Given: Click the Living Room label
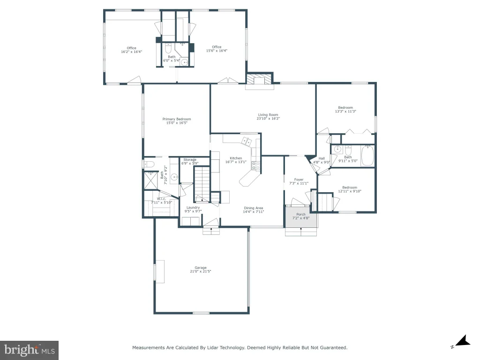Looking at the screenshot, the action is tap(268, 115).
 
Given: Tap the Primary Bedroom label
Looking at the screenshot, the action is tap(177, 119).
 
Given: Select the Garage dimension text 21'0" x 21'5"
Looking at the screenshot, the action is tap(201, 271).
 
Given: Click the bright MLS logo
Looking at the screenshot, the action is tap(29, 350).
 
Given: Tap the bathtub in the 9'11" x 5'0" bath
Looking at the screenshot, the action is tap(367, 156).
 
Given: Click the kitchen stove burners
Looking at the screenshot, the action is tap(255, 166).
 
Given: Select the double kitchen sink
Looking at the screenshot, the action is tap(246, 141).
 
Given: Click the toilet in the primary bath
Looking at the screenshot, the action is tap(149, 164).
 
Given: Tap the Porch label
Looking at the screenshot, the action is tap(301, 214).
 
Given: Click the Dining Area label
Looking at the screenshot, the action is tap(254, 208).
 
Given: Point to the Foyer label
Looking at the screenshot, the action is tap(299, 180).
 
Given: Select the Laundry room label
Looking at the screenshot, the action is tap(193, 208).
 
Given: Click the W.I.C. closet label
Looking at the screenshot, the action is tap(161, 199).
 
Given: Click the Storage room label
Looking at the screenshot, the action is tap(190, 159).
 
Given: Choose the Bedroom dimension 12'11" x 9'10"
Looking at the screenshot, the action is tap(350, 191).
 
